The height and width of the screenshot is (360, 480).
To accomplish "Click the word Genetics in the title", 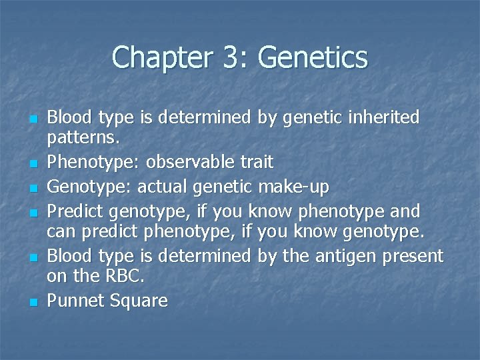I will [x=312, y=57].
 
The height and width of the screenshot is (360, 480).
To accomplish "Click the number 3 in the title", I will [x=225, y=57].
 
